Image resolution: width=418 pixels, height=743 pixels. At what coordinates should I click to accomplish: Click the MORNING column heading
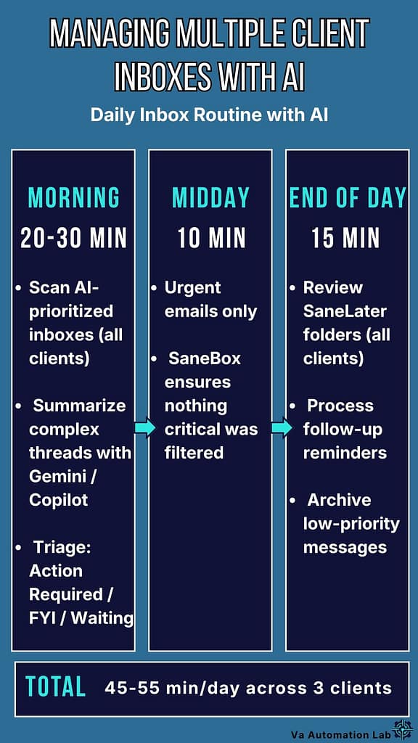73,198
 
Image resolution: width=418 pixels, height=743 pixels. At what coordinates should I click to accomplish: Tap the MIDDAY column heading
210,198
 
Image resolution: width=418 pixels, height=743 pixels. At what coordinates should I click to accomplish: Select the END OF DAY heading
347,198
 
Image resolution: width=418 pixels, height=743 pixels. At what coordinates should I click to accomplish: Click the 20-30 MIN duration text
73,237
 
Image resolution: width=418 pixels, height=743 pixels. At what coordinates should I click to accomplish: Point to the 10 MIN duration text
210,237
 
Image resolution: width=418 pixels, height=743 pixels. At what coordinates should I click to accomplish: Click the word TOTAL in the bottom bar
55,686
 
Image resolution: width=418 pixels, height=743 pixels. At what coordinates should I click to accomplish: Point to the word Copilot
58,500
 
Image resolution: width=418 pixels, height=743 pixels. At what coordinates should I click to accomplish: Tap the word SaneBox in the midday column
204,358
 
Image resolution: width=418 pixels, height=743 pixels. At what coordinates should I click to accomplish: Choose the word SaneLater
345,311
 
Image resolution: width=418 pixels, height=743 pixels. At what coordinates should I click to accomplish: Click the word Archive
339,500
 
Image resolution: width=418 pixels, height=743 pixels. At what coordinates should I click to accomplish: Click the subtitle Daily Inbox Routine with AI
209,115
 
